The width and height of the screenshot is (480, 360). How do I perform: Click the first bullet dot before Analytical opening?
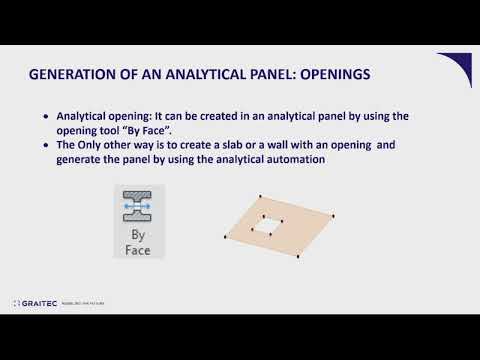tap(46, 117)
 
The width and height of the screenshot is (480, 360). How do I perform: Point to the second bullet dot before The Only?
tap(46, 146)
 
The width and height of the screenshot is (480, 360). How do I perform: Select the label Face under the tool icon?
tap(140, 250)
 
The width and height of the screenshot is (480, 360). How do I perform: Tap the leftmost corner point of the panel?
tap(221, 238)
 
